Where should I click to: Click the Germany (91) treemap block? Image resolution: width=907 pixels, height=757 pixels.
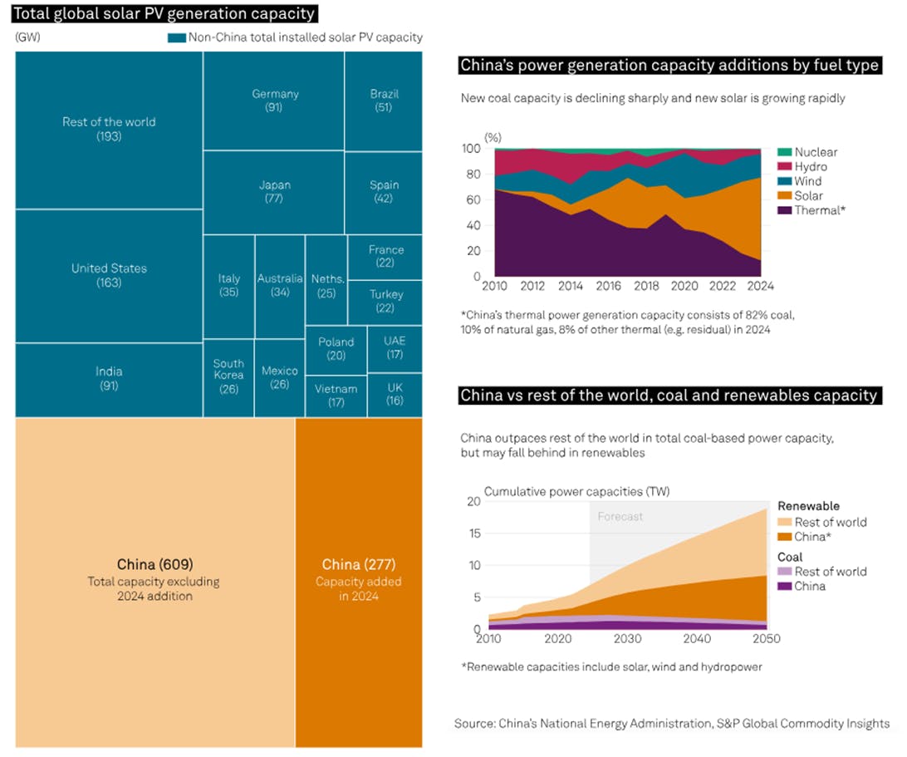274,101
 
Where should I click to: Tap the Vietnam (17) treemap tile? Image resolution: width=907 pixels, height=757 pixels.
336,396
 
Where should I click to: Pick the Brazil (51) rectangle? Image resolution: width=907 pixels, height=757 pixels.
384,101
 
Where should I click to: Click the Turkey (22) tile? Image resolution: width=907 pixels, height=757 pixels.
385,301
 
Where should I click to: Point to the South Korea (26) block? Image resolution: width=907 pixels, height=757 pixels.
228,376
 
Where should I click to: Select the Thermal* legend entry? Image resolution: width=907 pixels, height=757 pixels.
818,210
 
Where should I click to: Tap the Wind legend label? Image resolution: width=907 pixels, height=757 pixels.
808,181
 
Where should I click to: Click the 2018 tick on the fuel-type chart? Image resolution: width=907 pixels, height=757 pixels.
647,286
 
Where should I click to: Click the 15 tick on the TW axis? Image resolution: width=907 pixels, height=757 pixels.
474,533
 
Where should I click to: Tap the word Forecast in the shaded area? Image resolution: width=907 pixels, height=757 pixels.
620,516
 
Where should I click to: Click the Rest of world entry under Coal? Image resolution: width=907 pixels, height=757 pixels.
830,572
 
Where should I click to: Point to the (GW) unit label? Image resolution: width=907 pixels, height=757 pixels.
27,37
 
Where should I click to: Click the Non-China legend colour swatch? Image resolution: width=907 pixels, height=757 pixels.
176,38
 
